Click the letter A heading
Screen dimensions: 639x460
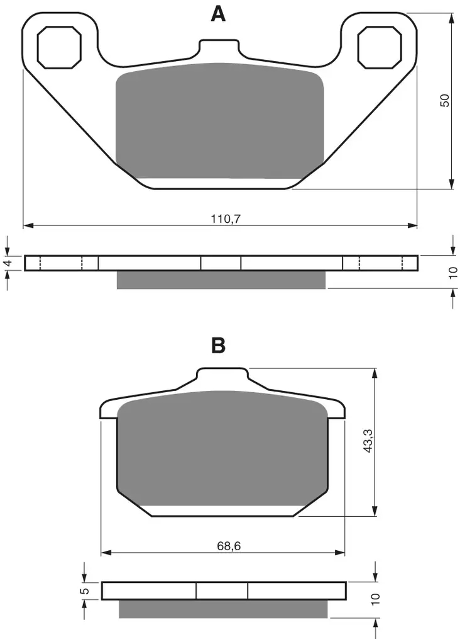coord(218,14)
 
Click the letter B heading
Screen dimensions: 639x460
coord(218,345)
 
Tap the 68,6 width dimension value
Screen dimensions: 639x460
coord(229,546)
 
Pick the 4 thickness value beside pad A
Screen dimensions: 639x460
coord(8,263)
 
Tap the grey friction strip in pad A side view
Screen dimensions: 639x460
coord(221,280)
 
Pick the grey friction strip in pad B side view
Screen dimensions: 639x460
coord(224,609)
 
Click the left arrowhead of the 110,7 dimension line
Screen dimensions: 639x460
coord(27,225)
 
